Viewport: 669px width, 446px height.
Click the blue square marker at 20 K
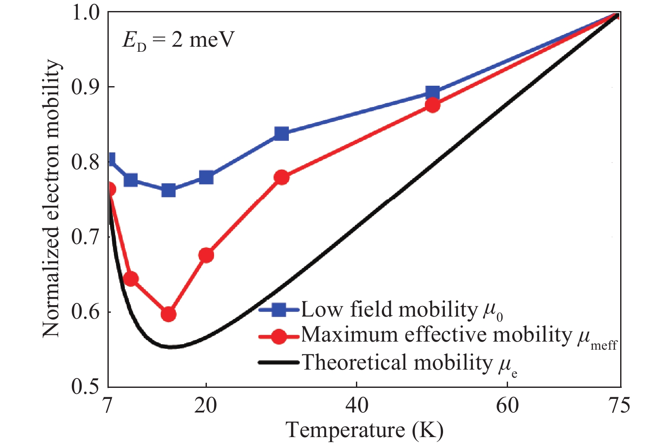[x=206, y=177]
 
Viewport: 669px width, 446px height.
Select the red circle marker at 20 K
[x=206, y=255]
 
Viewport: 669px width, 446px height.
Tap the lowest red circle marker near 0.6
[x=169, y=314]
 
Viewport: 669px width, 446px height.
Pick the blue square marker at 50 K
[x=432, y=93]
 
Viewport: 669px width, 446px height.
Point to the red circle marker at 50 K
[x=432, y=105]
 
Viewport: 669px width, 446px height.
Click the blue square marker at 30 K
[x=282, y=134]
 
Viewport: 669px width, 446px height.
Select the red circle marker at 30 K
[x=282, y=177]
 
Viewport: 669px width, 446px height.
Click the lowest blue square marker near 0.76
[x=169, y=191]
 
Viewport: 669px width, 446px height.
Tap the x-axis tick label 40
[x=357, y=405]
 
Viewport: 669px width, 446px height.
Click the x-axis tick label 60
[x=508, y=405]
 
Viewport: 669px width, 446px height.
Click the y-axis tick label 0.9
[x=88, y=87]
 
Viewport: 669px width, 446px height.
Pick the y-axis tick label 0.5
[x=88, y=387]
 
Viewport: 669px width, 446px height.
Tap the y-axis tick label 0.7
[x=88, y=237]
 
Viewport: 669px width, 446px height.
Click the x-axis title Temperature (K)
[x=364, y=430]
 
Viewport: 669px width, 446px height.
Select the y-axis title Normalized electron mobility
[x=52, y=199]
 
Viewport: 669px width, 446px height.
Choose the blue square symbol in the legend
[x=279, y=309]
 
